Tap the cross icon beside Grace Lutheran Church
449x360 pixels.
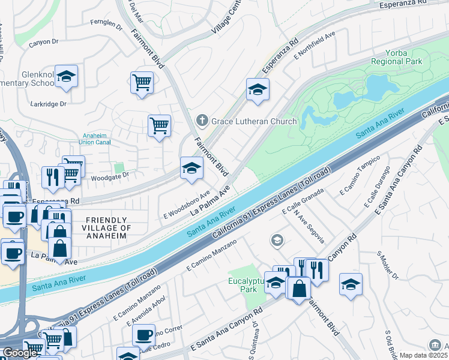pos(202,121)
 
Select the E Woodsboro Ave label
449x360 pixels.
pos(187,206)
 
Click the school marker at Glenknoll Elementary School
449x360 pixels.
pos(66,76)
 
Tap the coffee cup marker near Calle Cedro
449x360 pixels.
pos(143,335)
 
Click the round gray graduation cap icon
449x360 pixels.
pos(277,241)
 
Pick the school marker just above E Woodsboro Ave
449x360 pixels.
pos(191,168)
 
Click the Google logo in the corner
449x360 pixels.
pos(20,353)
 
